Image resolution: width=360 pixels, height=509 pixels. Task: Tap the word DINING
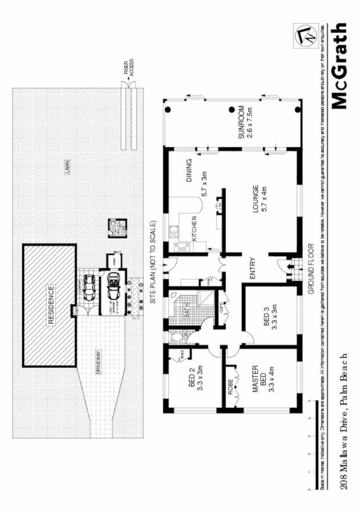[189, 169]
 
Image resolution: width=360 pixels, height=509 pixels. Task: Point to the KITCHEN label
[194, 230]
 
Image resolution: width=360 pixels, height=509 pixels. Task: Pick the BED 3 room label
[265, 319]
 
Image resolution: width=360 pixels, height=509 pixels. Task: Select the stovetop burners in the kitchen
[181, 248]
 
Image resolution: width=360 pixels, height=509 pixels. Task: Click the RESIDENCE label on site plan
[51, 304]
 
